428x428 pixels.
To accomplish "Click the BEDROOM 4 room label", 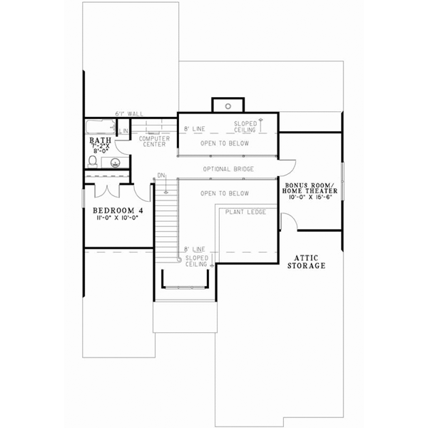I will click(x=118, y=211).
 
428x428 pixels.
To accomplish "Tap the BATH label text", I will click(x=98, y=141).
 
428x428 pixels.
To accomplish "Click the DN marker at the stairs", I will click(x=161, y=175).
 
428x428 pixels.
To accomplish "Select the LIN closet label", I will click(x=123, y=131).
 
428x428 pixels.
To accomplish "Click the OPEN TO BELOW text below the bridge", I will click(x=225, y=193).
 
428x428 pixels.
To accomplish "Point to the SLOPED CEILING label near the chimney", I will click(x=245, y=126).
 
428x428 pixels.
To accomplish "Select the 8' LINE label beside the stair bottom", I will click(x=195, y=250).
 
